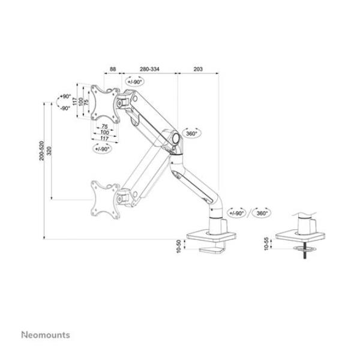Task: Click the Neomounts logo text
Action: tap(46, 335)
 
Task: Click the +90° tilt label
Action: tap(65, 97)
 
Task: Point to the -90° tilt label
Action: tap(65, 108)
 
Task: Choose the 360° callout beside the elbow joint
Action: tap(191, 134)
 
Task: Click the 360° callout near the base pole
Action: tap(262, 212)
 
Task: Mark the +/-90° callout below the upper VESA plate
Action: tap(102, 148)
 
